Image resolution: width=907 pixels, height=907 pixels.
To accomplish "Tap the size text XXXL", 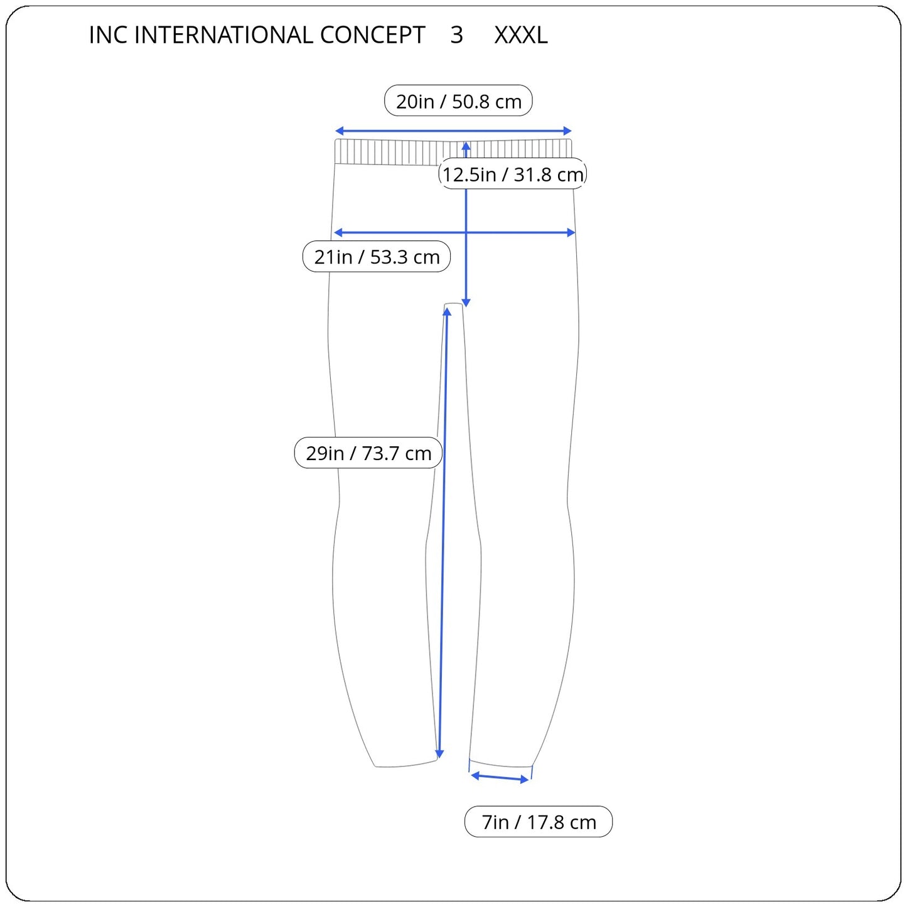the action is pyautogui.click(x=520, y=35).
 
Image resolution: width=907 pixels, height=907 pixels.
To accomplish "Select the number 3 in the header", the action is pyautogui.click(x=456, y=35).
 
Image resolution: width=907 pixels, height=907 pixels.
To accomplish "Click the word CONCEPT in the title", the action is pyautogui.click(x=372, y=35).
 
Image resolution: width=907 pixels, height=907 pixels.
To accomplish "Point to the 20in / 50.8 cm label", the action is pyautogui.click(x=458, y=101).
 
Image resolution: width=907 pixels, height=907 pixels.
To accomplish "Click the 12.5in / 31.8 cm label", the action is pyautogui.click(x=513, y=174).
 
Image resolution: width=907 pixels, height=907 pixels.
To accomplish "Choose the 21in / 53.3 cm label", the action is pyautogui.click(x=377, y=257).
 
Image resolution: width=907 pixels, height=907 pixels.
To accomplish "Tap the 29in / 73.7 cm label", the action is pyautogui.click(x=368, y=453).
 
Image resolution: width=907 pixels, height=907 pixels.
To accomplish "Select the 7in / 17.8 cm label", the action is pyautogui.click(x=539, y=822).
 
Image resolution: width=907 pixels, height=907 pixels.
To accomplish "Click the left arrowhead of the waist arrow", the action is pyautogui.click(x=339, y=131).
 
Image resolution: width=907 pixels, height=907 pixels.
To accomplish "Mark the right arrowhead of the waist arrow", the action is pyautogui.click(x=567, y=131).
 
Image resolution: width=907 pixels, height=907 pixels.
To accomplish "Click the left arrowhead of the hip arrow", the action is pyautogui.click(x=338, y=232).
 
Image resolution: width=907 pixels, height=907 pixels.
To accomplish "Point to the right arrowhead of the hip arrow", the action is pyautogui.click(x=571, y=232).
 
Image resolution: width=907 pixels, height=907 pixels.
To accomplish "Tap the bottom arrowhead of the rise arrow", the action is pyautogui.click(x=466, y=303).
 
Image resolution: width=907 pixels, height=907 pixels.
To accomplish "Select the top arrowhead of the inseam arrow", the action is pyautogui.click(x=447, y=312).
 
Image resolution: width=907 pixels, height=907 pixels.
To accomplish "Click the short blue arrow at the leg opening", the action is pyautogui.click(x=500, y=778).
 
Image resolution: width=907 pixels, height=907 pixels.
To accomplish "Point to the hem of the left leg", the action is pyautogui.click(x=405, y=764).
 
